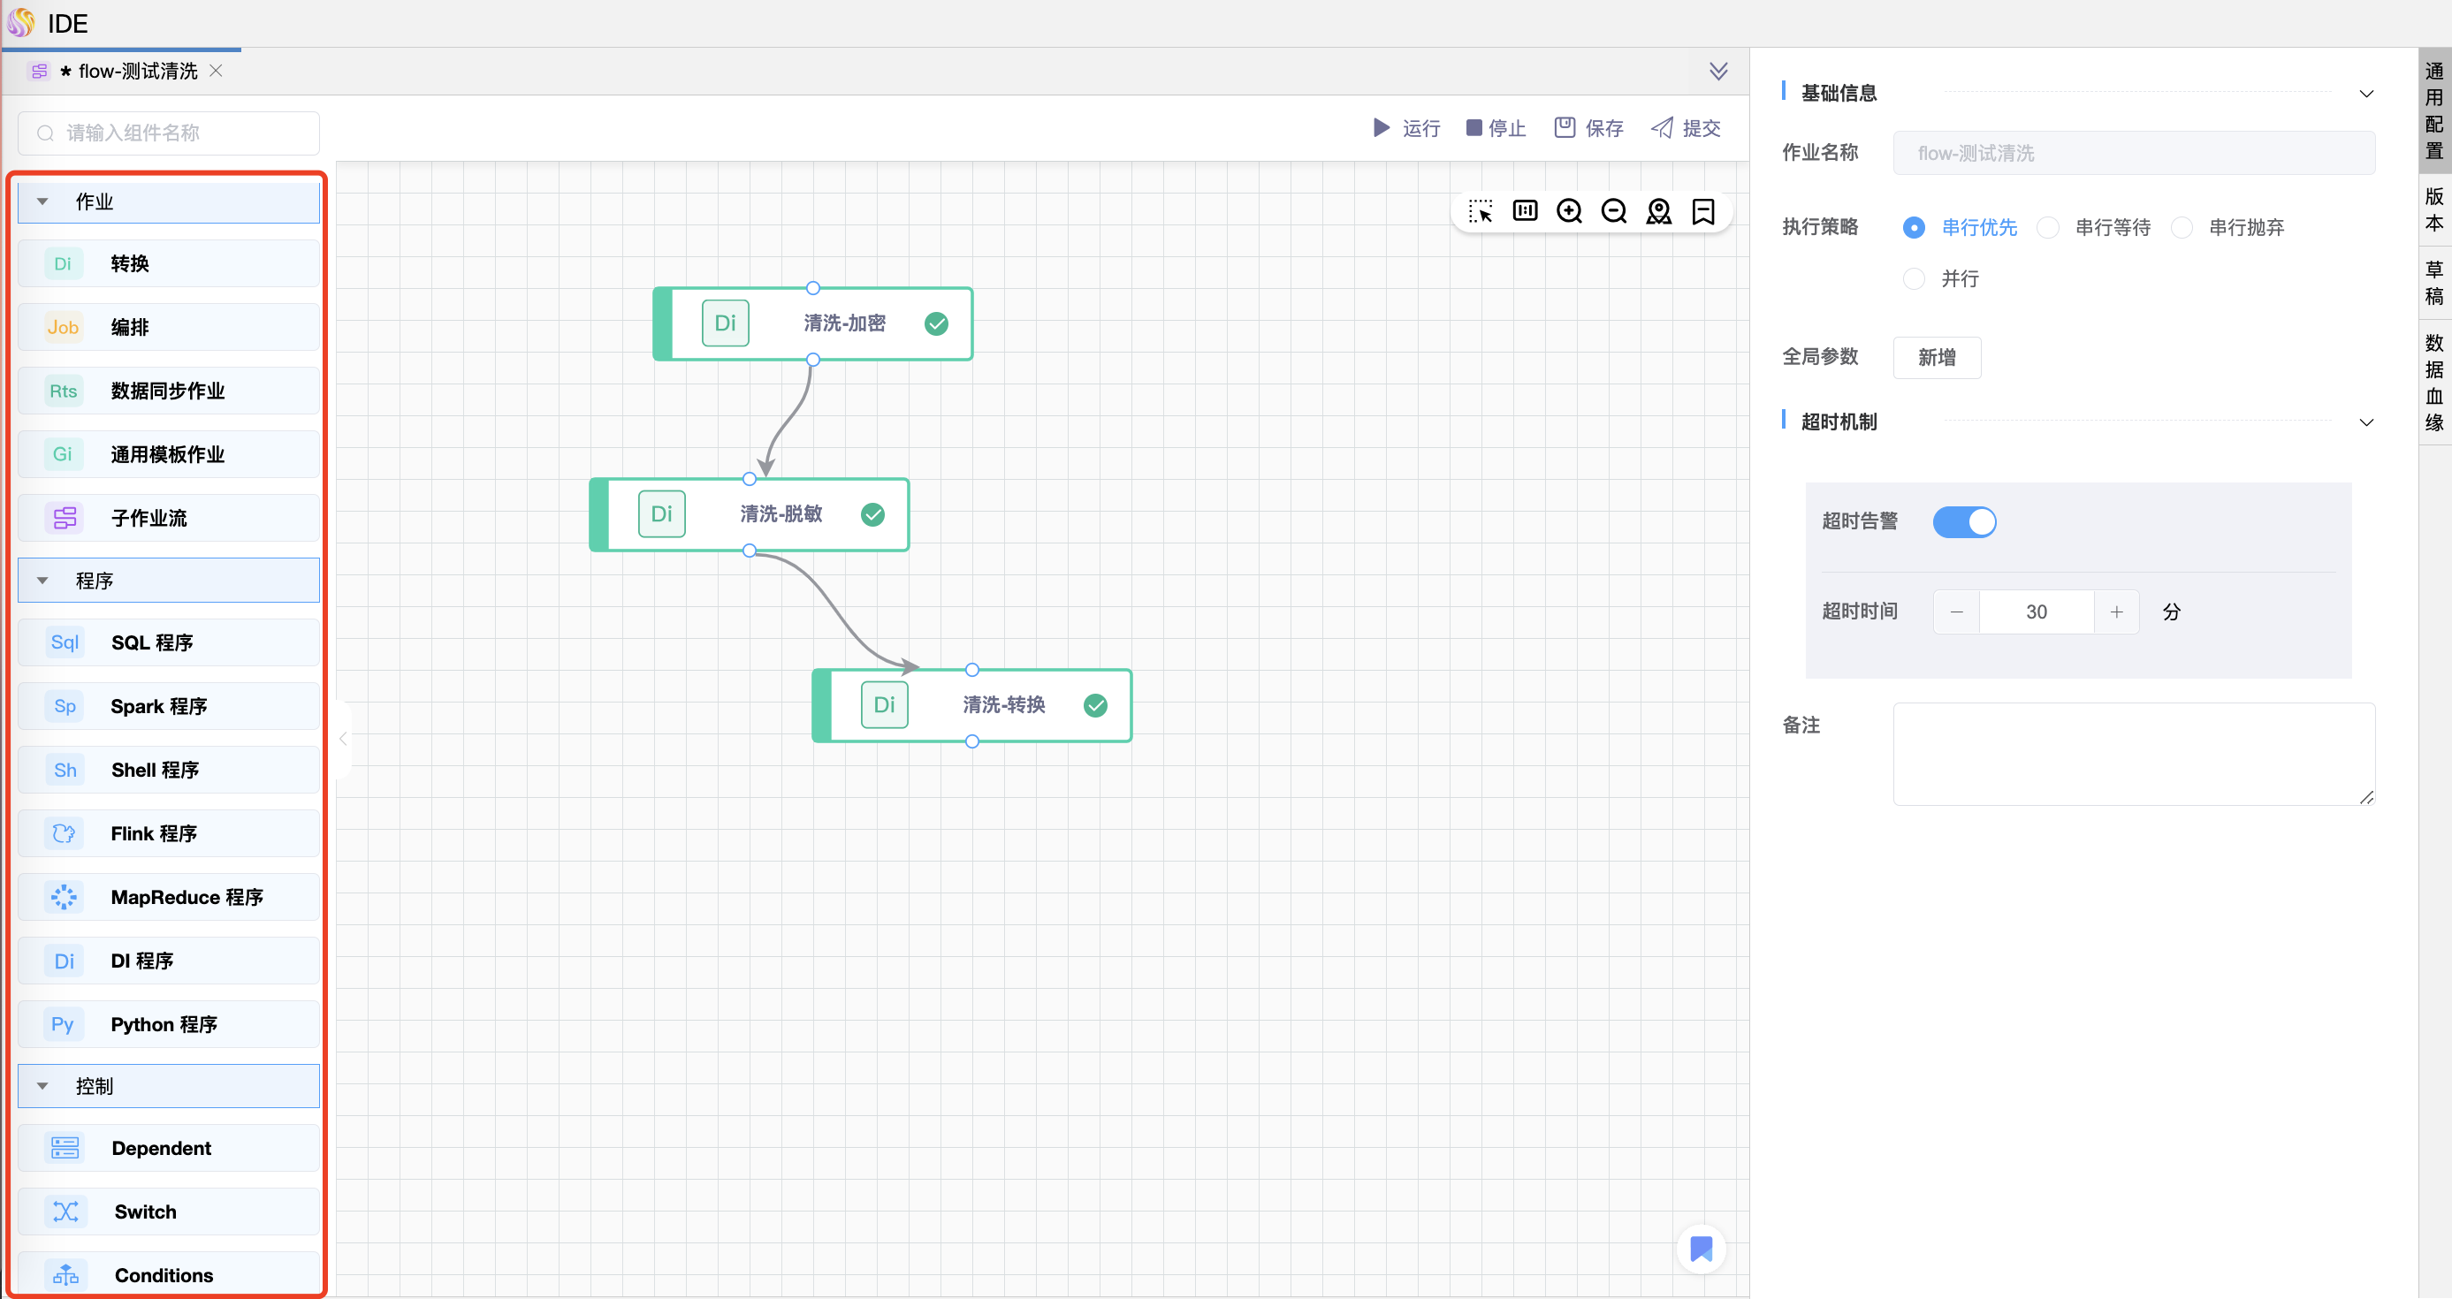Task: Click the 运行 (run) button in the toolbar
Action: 1406,128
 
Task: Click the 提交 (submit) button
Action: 1686,128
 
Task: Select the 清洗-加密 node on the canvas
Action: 813,323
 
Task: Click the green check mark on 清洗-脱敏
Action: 872,515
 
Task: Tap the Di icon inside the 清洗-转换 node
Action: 884,705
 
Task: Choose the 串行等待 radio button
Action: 2048,227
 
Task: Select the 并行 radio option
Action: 1915,279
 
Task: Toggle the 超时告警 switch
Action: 1965,521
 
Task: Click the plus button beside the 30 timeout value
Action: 2116,612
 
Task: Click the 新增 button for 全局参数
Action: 1937,358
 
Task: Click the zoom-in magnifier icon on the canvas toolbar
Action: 1570,211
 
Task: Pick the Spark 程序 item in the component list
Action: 169,706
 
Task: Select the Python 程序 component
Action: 169,1024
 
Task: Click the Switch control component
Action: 169,1212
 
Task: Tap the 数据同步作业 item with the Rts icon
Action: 169,391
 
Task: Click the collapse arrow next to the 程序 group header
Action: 42,581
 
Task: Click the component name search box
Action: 169,133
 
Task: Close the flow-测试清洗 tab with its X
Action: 216,71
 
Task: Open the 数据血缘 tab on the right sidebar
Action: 2434,383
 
